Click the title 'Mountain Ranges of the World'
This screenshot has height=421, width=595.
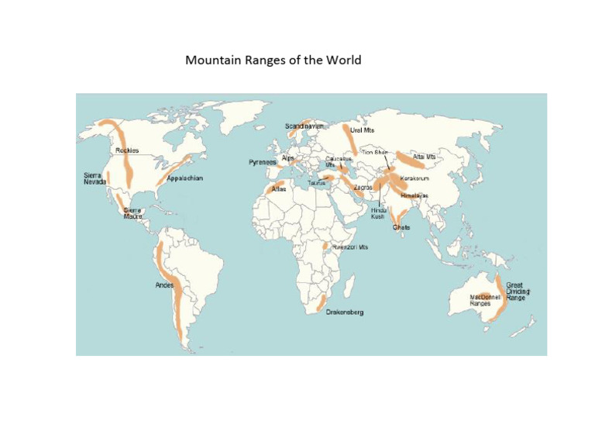click(x=273, y=60)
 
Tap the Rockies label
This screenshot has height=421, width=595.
click(x=127, y=150)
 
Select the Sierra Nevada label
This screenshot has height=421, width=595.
click(x=95, y=178)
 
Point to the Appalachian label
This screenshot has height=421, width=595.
click(x=185, y=178)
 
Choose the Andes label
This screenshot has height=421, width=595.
click(x=164, y=285)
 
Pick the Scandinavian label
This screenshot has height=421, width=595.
click(x=304, y=126)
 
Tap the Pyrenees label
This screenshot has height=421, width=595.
click(x=262, y=163)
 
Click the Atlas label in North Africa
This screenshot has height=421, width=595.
click(x=279, y=188)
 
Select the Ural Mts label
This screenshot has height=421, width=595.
click(x=363, y=131)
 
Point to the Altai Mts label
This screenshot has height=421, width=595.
click(x=425, y=157)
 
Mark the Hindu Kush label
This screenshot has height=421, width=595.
click(x=378, y=213)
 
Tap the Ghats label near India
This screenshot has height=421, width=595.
click(x=401, y=228)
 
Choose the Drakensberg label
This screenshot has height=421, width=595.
click(x=345, y=312)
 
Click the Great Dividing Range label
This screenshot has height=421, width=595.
click(x=518, y=292)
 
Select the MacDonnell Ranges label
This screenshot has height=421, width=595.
click(x=481, y=300)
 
